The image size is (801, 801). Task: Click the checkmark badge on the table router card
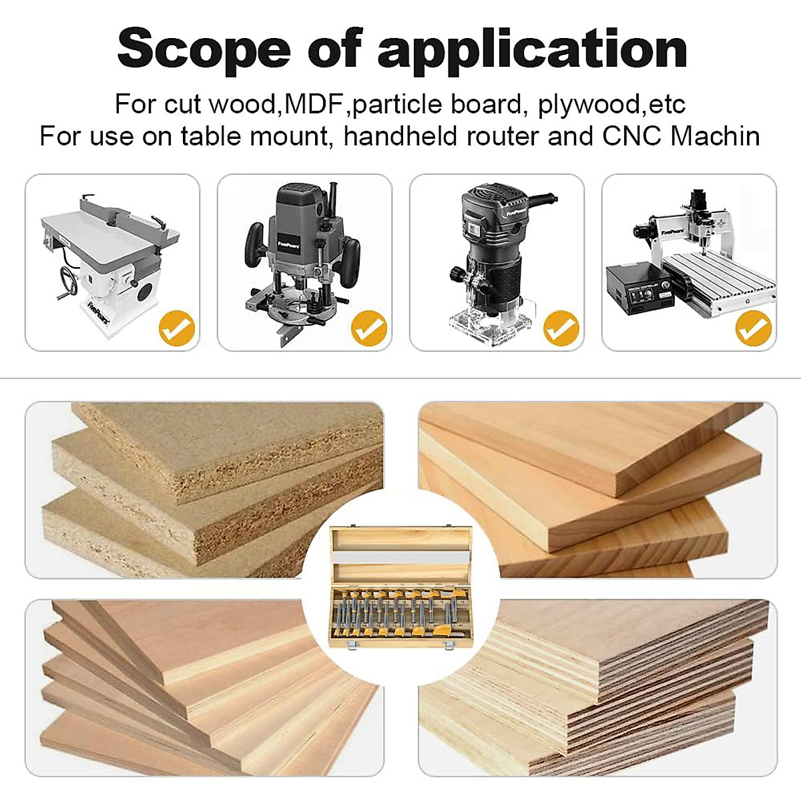[x=176, y=328]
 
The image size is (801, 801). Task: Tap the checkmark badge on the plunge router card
[x=369, y=328]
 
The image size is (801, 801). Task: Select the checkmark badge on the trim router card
[x=561, y=328]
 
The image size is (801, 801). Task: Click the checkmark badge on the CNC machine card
[x=754, y=328]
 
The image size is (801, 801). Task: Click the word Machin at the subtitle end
[x=715, y=136]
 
